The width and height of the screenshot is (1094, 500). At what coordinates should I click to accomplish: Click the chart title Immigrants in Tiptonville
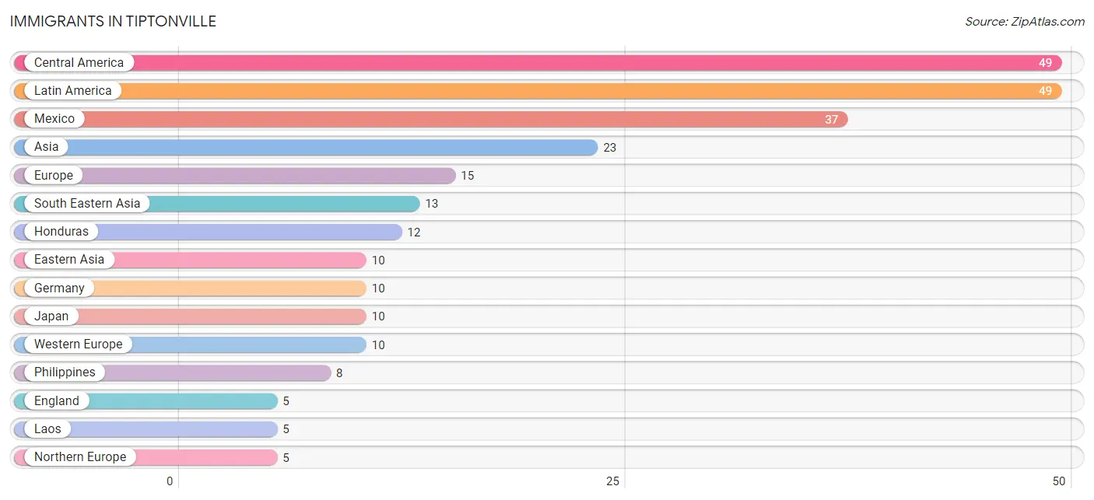pyautogui.click(x=113, y=22)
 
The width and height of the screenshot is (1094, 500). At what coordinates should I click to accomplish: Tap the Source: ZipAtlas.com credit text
pyautogui.click(x=1025, y=22)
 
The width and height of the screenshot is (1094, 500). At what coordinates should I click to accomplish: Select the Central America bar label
pyautogui.click(x=79, y=62)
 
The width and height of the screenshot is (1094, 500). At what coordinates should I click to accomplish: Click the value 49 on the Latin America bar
pyautogui.click(x=1045, y=91)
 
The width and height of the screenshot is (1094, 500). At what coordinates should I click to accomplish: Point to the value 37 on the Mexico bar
pyautogui.click(x=831, y=119)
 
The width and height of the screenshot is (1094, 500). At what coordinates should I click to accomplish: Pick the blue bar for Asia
pyautogui.click(x=306, y=147)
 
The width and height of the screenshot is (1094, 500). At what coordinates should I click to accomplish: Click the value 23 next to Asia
pyautogui.click(x=609, y=148)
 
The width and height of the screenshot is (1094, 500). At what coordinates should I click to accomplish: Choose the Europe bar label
pyautogui.click(x=54, y=175)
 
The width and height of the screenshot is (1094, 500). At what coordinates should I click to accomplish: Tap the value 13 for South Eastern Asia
pyautogui.click(x=431, y=204)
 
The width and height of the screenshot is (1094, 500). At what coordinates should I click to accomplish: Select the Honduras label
pyautogui.click(x=61, y=232)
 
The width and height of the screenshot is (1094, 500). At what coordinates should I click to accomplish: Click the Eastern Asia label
pyautogui.click(x=69, y=259)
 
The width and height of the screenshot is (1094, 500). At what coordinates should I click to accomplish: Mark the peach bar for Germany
pyautogui.click(x=190, y=288)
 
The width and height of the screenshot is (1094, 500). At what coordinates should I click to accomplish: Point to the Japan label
pyautogui.click(x=51, y=316)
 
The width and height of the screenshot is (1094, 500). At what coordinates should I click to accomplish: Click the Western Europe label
pyautogui.click(x=78, y=344)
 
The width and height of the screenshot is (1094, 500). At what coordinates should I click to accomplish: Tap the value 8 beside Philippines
pyautogui.click(x=339, y=373)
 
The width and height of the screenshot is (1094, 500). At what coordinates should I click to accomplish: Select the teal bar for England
pyautogui.click(x=146, y=401)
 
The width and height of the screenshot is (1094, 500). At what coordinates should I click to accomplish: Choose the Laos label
pyautogui.click(x=48, y=428)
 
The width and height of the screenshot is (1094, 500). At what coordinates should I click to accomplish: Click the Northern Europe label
pyautogui.click(x=80, y=457)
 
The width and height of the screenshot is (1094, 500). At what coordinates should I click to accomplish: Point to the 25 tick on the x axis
pyautogui.click(x=612, y=481)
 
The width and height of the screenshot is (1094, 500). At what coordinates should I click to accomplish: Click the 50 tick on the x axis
pyautogui.click(x=1059, y=481)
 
